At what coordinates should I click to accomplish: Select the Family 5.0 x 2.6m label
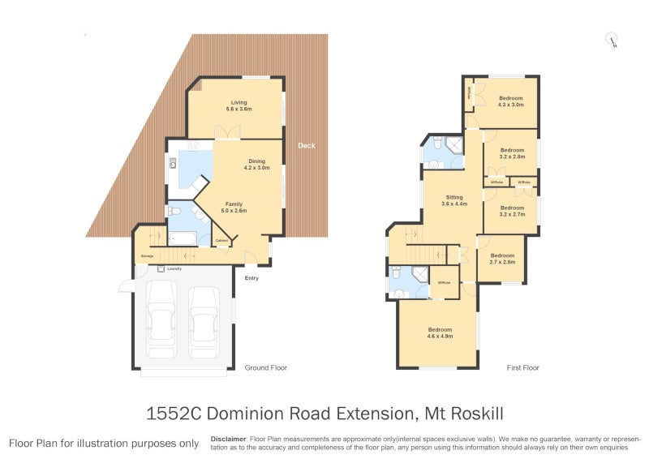(233, 208)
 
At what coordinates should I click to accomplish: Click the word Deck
(306, 146)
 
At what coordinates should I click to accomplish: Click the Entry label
(252, 279)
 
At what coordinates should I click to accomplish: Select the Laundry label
(174, 268)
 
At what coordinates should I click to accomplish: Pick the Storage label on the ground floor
(147, 256)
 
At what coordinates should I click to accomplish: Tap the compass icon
(612, 38)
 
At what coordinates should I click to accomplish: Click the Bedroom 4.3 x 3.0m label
(511, 101)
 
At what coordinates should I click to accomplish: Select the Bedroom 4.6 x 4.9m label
(440, 332)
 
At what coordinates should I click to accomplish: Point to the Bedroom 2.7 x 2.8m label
(503, 260)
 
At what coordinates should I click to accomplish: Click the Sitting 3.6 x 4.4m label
(454, 200)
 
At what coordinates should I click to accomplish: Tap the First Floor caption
(523, 367)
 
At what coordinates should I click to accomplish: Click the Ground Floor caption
(266, 367)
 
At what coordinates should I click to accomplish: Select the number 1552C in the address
(173, 413)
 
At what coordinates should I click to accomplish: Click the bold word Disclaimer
(229, 437)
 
